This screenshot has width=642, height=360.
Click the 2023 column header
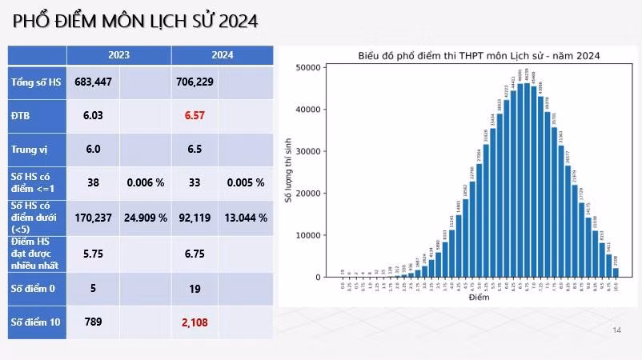pyautogui.click(x=118, y=55)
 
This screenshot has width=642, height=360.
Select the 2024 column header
pyautogui.click(x=223, y=55)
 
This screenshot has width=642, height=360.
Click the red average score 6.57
pyautogui.click(x=195, y=116)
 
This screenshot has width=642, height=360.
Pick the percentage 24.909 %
pyautogui.click(x=146, y=217)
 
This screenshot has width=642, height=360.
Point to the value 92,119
pyautogui.click(x=195, y=217)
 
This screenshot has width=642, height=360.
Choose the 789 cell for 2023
pyautogui.click(x=93, y=322)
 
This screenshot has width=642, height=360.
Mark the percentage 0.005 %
pyautogui.click(x=245, y=182)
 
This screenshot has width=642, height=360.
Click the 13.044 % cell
pyautogui.click(x=245, y=217)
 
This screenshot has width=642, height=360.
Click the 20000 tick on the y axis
pyautogui.click(x=309, y=194)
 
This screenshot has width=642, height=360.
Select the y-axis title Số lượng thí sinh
pyautogui.click(x=290, y=173)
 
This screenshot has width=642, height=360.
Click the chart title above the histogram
pyautogui.click(x=479, y=55)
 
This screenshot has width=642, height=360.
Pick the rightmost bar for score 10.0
pyautogui.click(x=616, y=272)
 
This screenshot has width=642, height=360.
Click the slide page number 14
pyautogui.click(x=616, y=330)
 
